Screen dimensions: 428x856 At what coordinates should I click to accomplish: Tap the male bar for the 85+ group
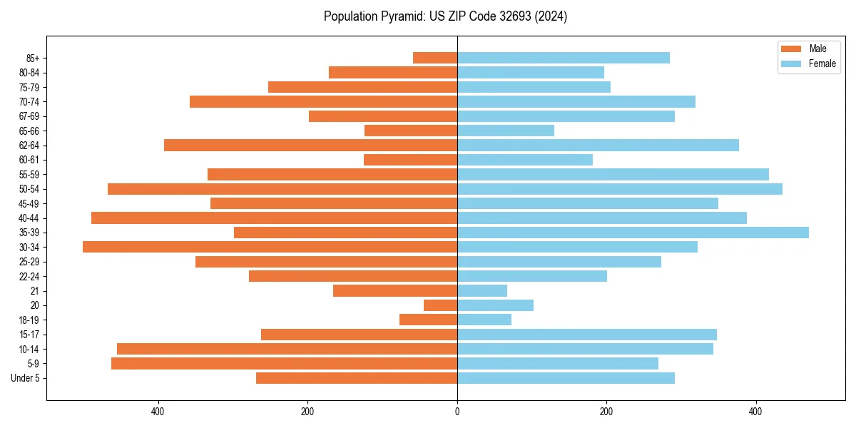435,58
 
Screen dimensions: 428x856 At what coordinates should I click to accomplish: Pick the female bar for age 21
482,290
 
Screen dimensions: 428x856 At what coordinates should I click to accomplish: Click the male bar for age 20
440,305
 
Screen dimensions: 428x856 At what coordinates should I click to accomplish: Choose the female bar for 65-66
506,131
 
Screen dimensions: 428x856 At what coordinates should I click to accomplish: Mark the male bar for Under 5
357,378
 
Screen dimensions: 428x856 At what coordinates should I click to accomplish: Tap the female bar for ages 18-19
484,320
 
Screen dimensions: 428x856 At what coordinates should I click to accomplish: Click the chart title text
445,16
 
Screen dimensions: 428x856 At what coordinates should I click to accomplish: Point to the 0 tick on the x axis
457,412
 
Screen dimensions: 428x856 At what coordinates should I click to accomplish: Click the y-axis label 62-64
29,146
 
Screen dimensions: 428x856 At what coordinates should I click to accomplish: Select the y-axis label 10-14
29,349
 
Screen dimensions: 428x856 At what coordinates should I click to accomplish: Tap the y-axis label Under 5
26,378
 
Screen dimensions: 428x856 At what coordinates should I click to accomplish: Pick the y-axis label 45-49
29,203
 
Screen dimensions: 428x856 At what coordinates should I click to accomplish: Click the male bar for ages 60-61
410,160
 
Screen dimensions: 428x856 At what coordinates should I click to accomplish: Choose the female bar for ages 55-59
613,174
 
